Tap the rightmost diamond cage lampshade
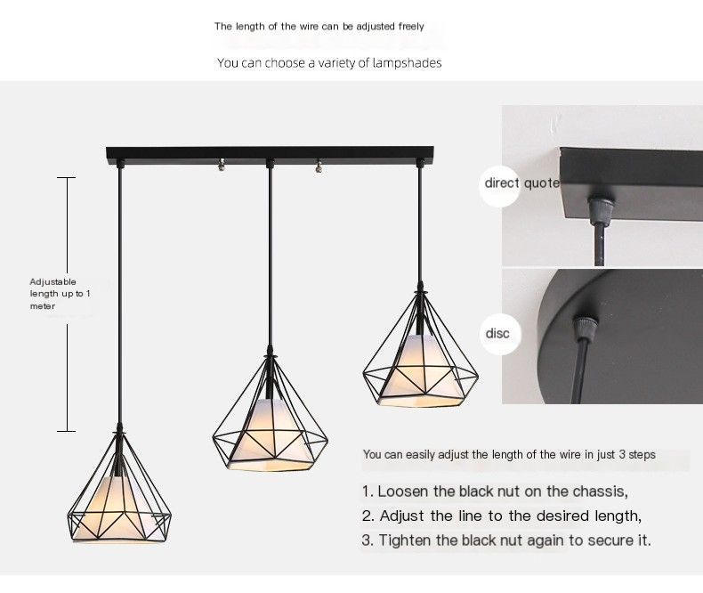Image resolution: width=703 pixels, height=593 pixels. click(420, 356)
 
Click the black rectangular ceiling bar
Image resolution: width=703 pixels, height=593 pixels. click(271, 153)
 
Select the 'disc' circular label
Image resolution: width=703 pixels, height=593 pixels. click(498, 333)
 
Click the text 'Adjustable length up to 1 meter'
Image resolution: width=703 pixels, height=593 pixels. click(60, 294)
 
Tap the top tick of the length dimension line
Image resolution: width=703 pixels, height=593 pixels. click(66, 178)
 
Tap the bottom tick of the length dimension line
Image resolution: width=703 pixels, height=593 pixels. click(66, 432)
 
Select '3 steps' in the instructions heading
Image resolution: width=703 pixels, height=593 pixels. click(634, 455)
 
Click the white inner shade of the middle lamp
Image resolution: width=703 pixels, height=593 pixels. click(270, 427)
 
